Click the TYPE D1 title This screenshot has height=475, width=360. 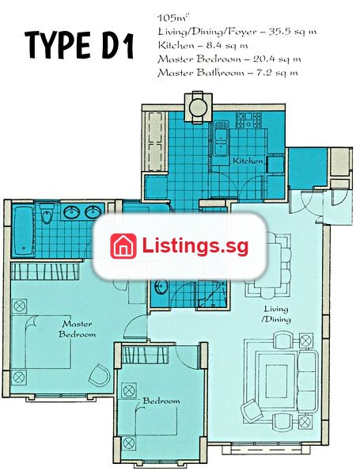(79, 45)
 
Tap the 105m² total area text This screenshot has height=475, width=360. (172, 18)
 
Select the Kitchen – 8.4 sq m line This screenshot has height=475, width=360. (203, 45)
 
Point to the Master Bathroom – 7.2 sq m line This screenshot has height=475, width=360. (227, 73)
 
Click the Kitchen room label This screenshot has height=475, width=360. (248, 161)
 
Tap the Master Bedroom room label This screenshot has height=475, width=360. (78, 329)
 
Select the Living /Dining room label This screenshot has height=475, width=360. (276, 314)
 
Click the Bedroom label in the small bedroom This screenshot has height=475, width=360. (161, 401)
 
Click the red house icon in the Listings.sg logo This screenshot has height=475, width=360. (123, 246)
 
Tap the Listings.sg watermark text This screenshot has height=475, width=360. (195, 246)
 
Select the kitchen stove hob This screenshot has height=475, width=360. (248, 120)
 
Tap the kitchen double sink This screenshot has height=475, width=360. (221, 139)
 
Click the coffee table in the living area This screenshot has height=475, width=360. (276, 381)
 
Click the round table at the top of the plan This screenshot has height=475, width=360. (199, 107)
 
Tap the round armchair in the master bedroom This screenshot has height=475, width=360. (100, 374)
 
